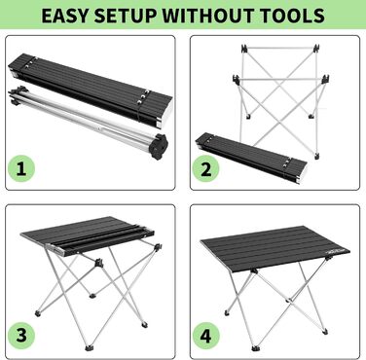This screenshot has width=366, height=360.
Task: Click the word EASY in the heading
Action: coord(64,16)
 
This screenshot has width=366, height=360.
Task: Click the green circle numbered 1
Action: coord(21,169)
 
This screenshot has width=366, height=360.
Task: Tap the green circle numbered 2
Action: coord(206,169)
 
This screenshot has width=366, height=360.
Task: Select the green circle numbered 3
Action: coord(21,335)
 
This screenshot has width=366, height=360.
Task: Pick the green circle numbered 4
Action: coord(206,335)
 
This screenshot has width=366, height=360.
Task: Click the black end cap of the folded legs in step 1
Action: coord(159,147)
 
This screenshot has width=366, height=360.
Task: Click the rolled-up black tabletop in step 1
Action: coord(91,91)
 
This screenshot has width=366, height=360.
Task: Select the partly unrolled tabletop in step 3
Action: coord(88,236)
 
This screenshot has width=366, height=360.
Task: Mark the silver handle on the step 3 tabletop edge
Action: coord(55,250)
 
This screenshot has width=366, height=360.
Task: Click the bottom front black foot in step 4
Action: coord(255,348)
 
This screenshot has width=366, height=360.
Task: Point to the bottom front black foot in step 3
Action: coord(89,348)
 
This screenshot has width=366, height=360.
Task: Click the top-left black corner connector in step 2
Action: coord(244,49)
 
